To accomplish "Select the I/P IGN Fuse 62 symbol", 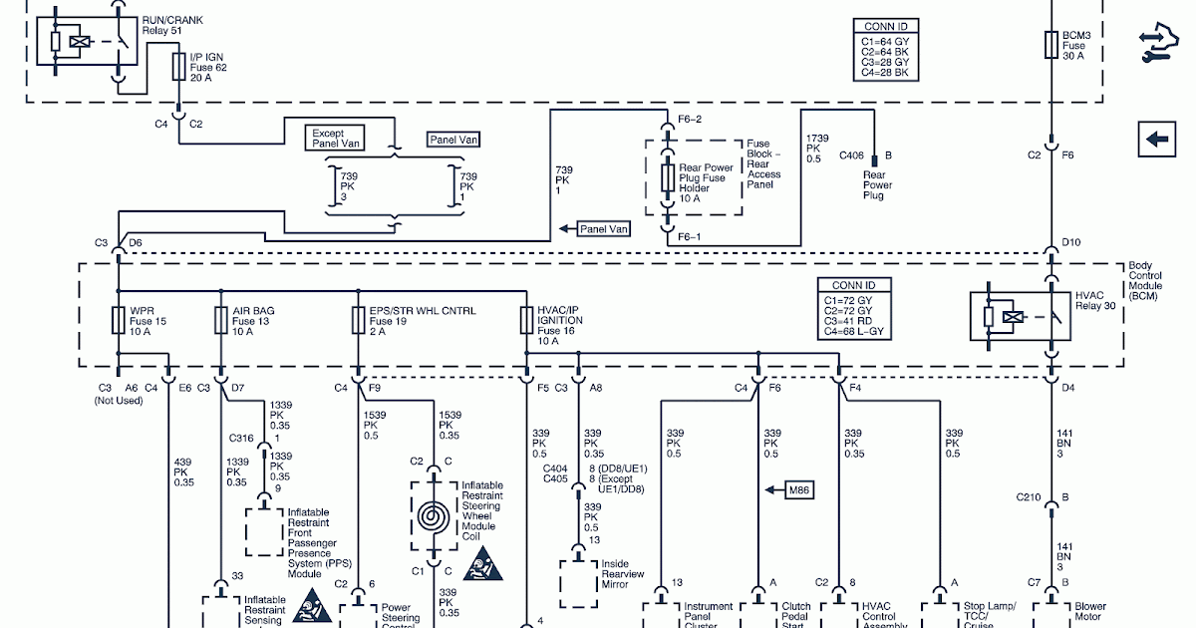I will pos(178,67).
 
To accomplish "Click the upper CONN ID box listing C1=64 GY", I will pos(886,50).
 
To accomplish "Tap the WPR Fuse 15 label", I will pos(148,321).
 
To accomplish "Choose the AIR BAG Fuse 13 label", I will pos(253,321).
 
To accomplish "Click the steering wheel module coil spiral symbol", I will pos(433,516).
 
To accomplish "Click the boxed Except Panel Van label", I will pos(337,139).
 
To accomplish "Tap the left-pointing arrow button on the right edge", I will pos(1157,140).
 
